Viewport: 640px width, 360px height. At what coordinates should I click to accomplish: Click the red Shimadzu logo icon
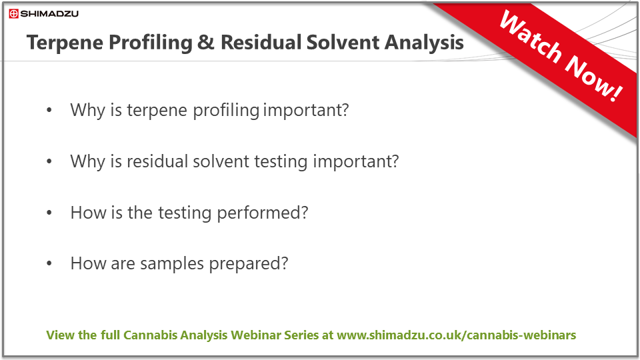[14, 14]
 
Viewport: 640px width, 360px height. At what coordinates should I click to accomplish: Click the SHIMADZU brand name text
[49, 14]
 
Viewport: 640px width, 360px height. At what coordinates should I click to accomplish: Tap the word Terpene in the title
[65, 43]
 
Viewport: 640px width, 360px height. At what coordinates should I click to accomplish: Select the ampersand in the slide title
[206, 43]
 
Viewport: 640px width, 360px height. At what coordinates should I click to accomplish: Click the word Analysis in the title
[424, 43]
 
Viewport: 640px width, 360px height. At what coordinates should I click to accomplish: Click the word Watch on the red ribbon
[531, 37]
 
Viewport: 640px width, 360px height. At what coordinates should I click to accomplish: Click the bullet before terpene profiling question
[49, 110]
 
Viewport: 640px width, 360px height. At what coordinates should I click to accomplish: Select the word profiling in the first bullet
[226, 110]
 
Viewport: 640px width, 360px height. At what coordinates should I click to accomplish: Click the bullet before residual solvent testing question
[49, 161]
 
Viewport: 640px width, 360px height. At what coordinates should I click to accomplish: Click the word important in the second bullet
[356, 162]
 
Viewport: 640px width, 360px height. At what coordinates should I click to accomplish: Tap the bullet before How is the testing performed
[49, 213]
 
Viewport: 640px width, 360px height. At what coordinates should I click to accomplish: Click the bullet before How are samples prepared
[49, 264]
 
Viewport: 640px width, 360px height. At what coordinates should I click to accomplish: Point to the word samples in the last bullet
[172, 264]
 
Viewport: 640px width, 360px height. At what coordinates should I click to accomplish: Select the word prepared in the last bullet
[249, 264]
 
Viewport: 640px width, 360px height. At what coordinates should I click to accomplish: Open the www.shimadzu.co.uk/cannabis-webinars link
[456, 335]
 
